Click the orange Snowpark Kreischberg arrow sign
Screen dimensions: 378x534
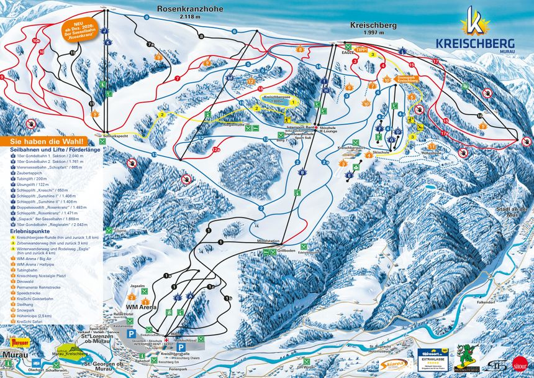click(x=406, y=79)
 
